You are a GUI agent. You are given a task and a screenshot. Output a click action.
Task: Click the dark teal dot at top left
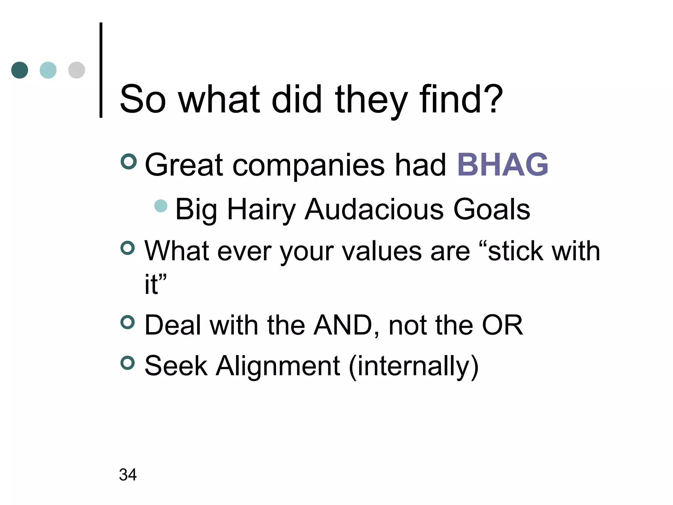click(20, 70)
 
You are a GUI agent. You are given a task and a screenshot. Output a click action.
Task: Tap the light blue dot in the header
click(48, 70)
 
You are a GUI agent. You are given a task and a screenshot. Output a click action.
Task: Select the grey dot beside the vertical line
click(77, 70)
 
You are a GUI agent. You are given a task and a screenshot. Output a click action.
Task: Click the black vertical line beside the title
click(101, 70)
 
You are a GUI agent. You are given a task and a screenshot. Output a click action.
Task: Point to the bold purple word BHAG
click(502, 164)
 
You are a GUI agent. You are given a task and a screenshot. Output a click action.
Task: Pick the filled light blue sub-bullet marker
click(161, 206)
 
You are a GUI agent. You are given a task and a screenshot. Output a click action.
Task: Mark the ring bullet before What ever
click(128, 248)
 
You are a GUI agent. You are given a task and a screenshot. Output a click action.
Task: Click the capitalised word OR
click(502, 325)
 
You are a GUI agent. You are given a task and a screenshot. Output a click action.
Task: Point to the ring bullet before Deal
click(128, 322)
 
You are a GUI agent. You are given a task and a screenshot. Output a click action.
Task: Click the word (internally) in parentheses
click(413, 366)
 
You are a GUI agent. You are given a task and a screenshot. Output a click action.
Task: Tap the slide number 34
click(128, 474)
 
